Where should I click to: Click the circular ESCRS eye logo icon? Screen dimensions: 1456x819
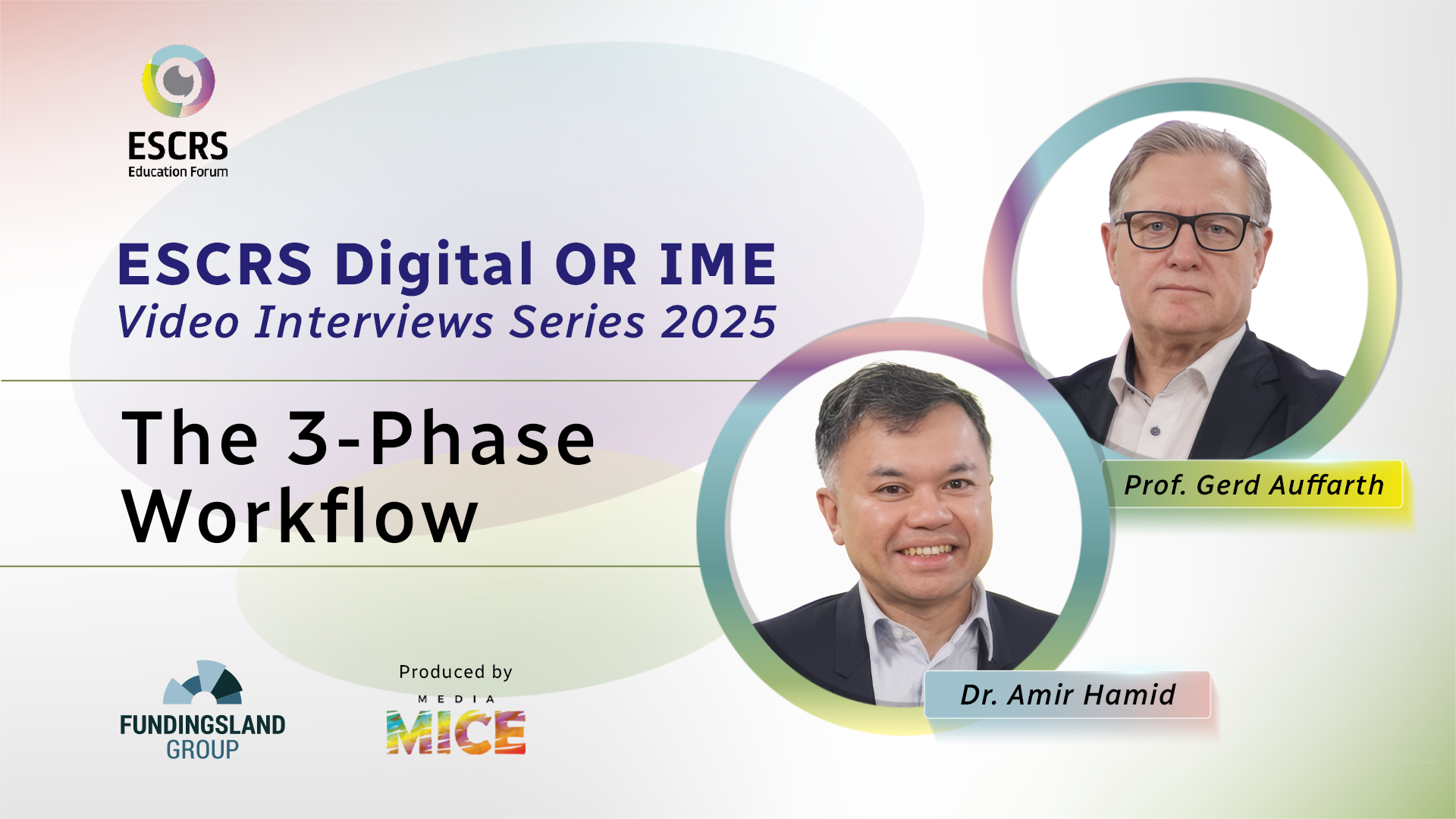pos(178,81)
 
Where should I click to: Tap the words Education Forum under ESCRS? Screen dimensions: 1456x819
pos(178,172)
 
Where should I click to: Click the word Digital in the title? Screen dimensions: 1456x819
pos(434,265)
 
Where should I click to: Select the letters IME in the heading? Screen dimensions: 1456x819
pos(717,265)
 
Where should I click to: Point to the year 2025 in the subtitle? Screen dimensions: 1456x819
pos(719,322)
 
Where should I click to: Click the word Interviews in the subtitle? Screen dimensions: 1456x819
pos(374,322)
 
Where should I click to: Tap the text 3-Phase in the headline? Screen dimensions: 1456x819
pos(441,438)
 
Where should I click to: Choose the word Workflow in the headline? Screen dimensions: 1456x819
pos(300,516)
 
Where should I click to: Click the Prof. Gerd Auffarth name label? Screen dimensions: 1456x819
pos(1254,485)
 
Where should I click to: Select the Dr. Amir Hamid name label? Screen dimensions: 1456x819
pos(1068,695)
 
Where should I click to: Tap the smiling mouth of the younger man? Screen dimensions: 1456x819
pos(927,550)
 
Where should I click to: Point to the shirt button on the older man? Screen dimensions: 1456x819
pos(1155,431)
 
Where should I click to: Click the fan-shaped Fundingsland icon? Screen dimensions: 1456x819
pos(203,682)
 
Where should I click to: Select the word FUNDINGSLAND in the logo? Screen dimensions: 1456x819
pos(202,725)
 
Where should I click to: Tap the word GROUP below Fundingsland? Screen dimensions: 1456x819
pos(202,750)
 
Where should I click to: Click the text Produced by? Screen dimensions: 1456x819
pos(456,673)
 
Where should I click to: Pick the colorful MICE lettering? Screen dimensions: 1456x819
pos(456,733)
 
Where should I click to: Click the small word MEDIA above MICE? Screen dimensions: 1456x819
pos(457,699)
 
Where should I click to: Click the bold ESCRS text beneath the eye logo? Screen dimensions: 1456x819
pos(178,146)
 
